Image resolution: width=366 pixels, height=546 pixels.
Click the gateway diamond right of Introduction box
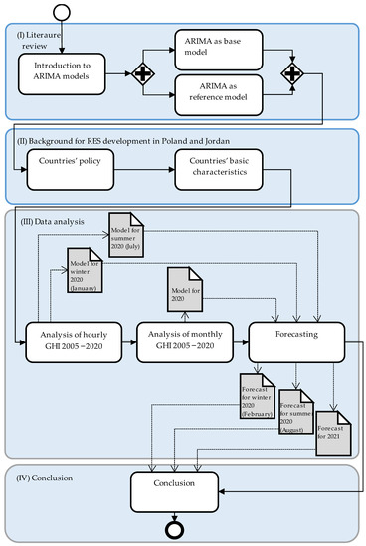tap(145, 73)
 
